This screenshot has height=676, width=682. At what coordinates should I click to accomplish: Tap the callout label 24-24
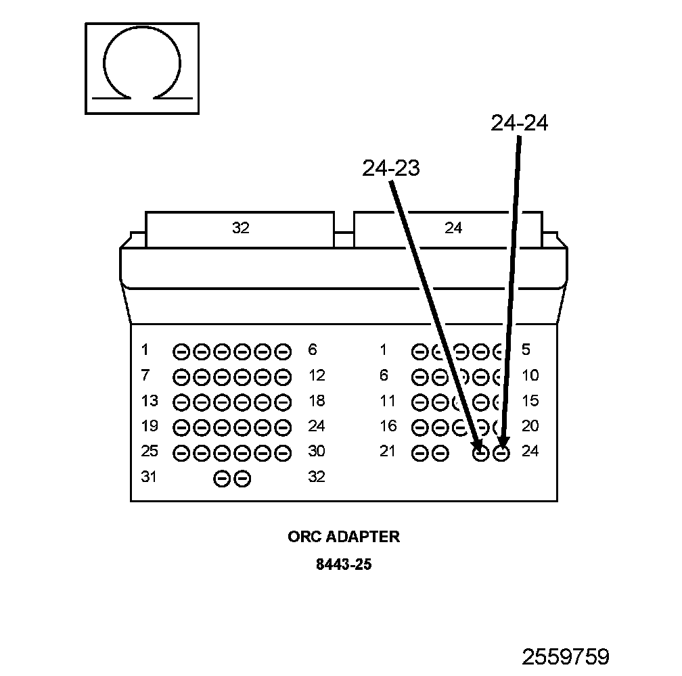pyautogui.click(x=519, y=123)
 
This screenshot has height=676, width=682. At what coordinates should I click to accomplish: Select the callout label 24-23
pyautogui.click(x=391, y=168)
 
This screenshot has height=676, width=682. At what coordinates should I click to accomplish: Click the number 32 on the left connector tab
pyautogui.click(x=240, y=228)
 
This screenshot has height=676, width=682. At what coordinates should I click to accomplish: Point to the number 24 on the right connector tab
pyautogui.click(x=453, y=228)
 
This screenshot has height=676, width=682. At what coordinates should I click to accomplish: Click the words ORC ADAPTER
pyautogui.click(x=344, y=537)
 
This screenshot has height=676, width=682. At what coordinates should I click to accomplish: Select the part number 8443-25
pyautogui.click(x=344, y=564)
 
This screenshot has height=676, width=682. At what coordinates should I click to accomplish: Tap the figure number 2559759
pyautogui.click(x=566, y=656)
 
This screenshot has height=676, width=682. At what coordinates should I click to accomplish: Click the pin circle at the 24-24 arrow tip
pyautogui.click(x=501, y=454)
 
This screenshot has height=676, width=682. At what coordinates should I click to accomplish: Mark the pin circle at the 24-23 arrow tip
pyautogui.click(x=480, y=454)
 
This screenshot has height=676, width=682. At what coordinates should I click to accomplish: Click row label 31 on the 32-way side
pyautogui.click(x=149, y=477)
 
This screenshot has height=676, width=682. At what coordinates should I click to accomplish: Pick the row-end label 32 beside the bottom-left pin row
pyautogui.click(x=317, y=477)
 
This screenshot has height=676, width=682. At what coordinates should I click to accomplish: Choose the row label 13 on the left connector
pyautogui.click(x=150, y=401)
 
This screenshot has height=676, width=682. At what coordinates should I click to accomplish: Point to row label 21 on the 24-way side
pyautogui.click(x=388, y=452)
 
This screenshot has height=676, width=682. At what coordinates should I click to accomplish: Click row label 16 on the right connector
pyautogui.click(x=388, y=426)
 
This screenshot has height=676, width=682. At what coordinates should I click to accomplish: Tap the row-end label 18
pyautogui.click(x=317, y=401)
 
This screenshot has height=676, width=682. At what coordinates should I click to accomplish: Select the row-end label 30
pyautogui.click(x=317, y=452)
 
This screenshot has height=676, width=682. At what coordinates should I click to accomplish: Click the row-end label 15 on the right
pyautogui.click(x=530, y=401)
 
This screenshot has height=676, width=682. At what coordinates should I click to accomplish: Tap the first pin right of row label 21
pyautogui.click(x=419, y=454)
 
